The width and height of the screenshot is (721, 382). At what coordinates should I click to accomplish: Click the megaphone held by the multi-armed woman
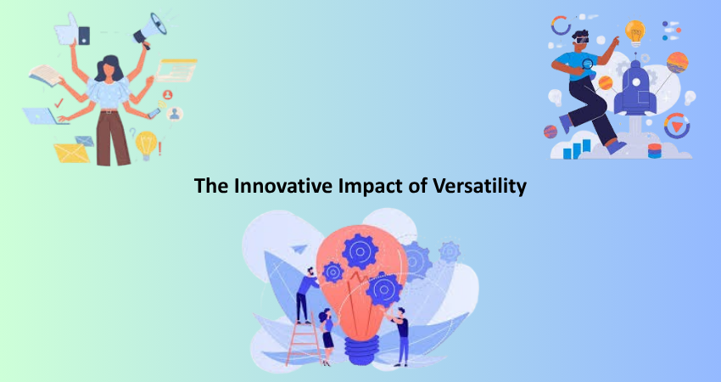[150, 31]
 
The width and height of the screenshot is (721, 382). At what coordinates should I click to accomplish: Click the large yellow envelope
[72, 154]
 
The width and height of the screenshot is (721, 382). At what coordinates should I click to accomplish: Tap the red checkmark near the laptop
[59, 103]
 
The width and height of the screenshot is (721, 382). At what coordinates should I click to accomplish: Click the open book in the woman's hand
[46, 75]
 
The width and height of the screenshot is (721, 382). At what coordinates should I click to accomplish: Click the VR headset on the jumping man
[582, 40]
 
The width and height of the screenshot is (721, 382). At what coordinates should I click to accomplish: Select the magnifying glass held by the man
[588, 65]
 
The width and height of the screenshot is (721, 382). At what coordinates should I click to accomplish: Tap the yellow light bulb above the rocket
[635, 32]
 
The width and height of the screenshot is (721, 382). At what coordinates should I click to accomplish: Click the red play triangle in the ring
[677, 126]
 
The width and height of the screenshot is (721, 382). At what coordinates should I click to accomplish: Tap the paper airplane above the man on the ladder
[299, 249]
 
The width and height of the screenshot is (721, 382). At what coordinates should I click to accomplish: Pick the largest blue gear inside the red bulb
[360, 252]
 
